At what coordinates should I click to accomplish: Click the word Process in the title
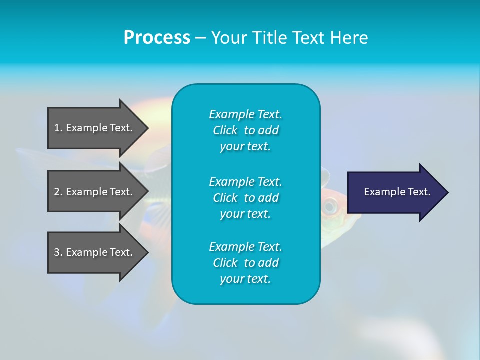157,38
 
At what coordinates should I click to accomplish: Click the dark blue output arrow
395,192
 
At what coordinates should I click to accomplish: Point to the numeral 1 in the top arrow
57,128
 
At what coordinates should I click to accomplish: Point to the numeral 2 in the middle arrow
57,192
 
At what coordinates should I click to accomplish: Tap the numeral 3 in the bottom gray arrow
57,252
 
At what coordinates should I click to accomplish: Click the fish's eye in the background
330,205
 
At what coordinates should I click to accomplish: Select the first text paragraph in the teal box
245,130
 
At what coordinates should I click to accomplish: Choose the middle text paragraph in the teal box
245,198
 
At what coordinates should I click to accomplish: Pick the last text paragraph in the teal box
245,263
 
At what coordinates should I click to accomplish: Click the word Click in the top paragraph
225,130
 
